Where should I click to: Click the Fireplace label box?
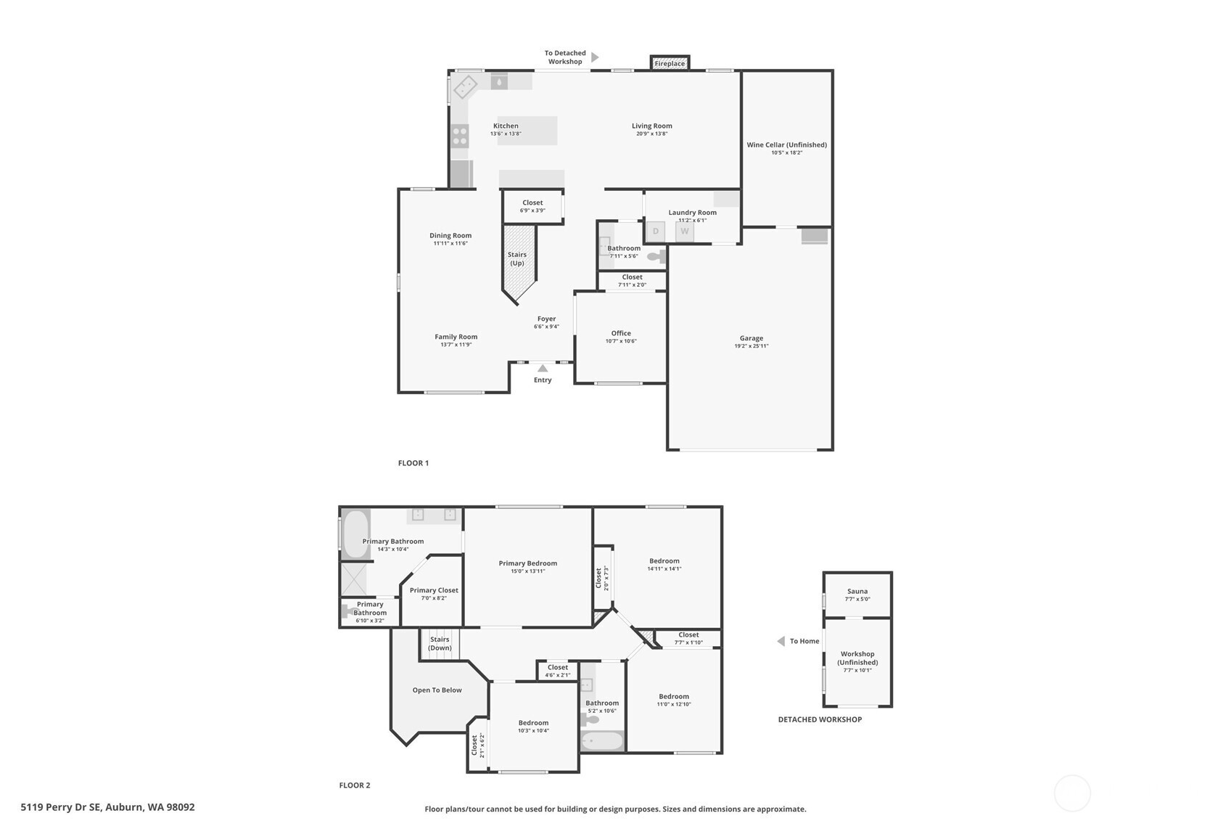click(x=670, y=63)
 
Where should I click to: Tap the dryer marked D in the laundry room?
click(x=655, y=232)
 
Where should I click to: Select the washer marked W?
click(x=685, y=232)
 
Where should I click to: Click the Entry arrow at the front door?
click(x=543, y=368)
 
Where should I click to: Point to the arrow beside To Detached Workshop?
click(x=595, y=57)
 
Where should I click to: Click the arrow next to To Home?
click(x=781, y=641)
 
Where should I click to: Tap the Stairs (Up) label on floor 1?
click(x=517, y=258)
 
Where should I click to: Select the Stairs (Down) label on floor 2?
click(x=440, y=643)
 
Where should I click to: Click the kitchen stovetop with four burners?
click(x=460, y=136)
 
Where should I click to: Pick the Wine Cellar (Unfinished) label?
click(x=786, y=144)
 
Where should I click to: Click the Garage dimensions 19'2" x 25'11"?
click(x=752, y=346)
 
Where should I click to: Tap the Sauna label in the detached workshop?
click(x=857, y=591)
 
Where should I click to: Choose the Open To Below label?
click(x=437, y=690)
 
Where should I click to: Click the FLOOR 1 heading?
click(x=413, y=463)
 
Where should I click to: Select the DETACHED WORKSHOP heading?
click(x=820, y=719)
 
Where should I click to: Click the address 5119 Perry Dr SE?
click(x=61, y=807)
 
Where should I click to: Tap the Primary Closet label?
click(x=434, y=590)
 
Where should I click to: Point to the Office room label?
click(x=621, y=333)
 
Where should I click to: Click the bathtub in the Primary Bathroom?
click(x=355, y=534)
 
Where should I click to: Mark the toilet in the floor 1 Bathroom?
click(x=656, y=256)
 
